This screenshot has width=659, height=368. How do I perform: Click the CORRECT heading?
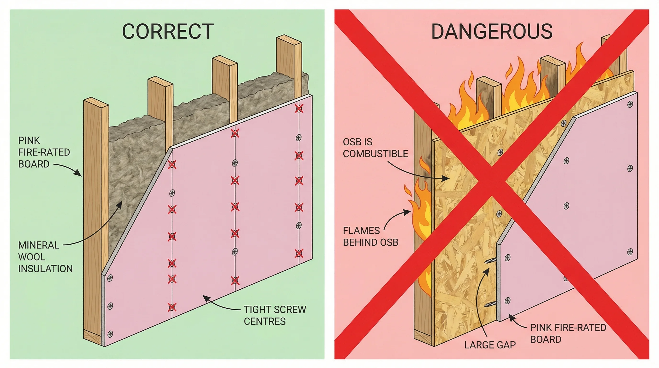(x=168, y=31)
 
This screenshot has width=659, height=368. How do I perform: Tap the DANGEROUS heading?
(x=492, y=31)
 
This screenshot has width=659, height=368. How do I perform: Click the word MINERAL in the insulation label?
(x=39, y=245)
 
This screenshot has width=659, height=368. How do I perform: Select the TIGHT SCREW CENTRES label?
(x=275, y=315)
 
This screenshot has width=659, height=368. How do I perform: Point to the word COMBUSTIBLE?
(x=375, y=154)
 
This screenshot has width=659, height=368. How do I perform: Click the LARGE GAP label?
(x=490, y=345)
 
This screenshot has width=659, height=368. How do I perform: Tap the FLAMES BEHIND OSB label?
(x=370, y=236)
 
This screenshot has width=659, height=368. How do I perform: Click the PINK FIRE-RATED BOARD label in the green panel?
(x=44, y=152)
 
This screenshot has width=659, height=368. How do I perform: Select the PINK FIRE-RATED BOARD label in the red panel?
(x=568, y=333)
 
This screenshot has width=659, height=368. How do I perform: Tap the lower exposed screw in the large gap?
(x=490, y=304)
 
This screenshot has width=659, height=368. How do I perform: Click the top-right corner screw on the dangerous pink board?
(x=630, y=104)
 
